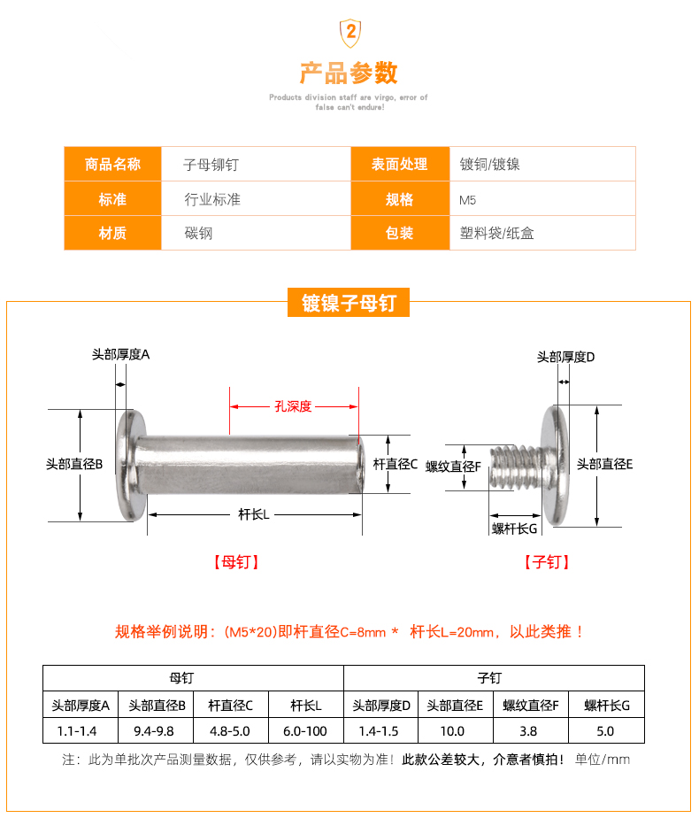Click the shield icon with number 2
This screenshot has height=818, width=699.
[349, 33]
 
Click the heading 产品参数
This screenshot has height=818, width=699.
[349, 72]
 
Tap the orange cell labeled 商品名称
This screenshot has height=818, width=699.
[112, 164]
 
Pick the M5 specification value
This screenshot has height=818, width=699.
[469, 199]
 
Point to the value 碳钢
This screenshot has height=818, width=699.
[198, 234]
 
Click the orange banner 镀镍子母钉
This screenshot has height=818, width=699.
[349, 304]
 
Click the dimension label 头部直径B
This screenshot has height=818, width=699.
[75, 463]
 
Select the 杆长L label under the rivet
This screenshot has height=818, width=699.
[254, 514]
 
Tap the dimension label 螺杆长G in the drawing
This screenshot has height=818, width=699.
[515, 529]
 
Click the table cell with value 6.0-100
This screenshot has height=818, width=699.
[305, 731]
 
